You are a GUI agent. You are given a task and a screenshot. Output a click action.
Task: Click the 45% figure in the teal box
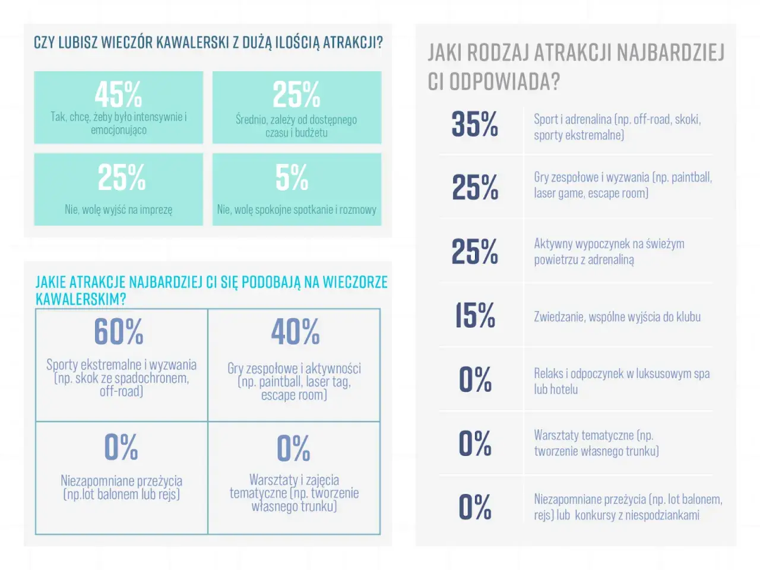pos(118,94)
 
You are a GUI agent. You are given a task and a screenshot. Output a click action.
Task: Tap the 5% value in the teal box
pos(292,177)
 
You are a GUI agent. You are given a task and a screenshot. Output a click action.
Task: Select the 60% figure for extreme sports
pos(119,331)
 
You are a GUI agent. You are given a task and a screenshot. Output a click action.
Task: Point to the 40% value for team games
pos(295,331)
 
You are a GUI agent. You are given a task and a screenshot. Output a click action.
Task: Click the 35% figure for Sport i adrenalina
pos(474,123)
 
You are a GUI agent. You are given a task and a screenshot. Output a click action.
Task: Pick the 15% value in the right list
pos(474,315)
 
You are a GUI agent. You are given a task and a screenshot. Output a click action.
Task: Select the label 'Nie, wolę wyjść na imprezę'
pos(118,210)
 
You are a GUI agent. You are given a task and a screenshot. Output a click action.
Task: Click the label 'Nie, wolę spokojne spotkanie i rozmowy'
pos(297,210)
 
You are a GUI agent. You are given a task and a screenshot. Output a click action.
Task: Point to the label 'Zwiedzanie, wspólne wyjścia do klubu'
pos(617,316)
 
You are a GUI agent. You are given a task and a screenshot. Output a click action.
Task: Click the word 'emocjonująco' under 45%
pos(119,130)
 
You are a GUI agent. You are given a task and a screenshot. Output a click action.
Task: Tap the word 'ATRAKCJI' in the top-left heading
pos(353,42)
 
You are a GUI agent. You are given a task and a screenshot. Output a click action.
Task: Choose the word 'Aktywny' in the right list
pos(553,244)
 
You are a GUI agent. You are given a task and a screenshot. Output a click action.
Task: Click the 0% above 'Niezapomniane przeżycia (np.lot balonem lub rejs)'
pos(121,446)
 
